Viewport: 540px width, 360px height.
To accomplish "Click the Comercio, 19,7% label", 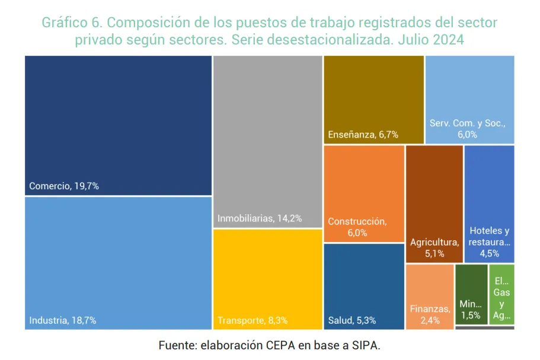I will (64, 186).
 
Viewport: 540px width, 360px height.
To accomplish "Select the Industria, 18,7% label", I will (63, 320).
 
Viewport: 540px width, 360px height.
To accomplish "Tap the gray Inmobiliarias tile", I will (267, 136).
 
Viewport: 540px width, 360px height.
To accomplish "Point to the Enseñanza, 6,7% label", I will (363, 135).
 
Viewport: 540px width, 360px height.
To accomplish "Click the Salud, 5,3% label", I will (352, 320).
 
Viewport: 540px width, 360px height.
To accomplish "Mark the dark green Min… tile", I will (471, 294).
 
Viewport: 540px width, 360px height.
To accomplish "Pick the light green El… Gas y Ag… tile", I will (501, 294).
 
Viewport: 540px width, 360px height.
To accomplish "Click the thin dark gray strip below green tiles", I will (484, 327).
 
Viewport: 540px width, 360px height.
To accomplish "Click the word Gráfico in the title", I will (64, 23).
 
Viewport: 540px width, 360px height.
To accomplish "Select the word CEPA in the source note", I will (280, 345).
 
